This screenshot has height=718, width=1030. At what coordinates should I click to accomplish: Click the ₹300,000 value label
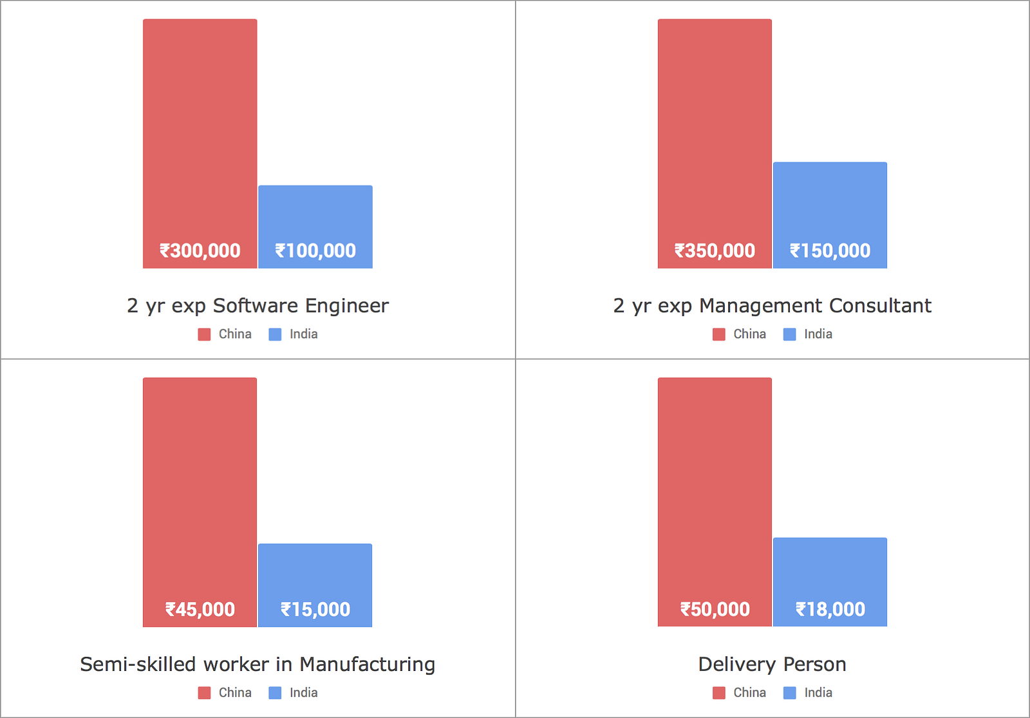coord(200,250)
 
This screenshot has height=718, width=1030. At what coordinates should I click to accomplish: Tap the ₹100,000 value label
coord(315,250)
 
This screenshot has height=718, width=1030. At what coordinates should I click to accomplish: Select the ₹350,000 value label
coord(715,250)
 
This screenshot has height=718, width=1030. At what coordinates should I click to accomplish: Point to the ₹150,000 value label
coord(830,250)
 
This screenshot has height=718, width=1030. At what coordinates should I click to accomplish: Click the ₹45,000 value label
coord(200,609)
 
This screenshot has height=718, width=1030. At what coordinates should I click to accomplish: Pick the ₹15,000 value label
coord(315,609)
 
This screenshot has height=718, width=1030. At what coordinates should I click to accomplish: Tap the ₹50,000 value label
coord(715,609)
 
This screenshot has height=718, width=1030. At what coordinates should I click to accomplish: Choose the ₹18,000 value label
coord(830,609)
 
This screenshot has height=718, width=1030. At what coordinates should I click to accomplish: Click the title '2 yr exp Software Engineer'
coord(257,305)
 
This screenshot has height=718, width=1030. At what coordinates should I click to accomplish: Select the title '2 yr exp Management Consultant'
coord(772,305)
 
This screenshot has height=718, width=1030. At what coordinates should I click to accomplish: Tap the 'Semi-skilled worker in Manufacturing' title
coord(257,664)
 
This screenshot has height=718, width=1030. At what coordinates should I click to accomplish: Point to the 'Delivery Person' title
coord(772,664)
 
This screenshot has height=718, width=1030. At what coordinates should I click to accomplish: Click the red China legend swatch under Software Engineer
coord(204,334)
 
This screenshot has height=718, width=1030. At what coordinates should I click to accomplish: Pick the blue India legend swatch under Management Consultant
coord(789,334)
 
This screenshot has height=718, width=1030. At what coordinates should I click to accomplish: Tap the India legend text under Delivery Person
coord(818,692)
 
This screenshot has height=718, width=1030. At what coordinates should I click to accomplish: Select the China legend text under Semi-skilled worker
coord(235,692)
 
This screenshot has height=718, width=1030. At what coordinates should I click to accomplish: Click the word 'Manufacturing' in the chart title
coord(368,664)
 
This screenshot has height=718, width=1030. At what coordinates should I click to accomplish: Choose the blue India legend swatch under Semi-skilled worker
coord(275,693)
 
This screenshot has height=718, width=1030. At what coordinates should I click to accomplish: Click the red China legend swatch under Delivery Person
coord(719,693)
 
